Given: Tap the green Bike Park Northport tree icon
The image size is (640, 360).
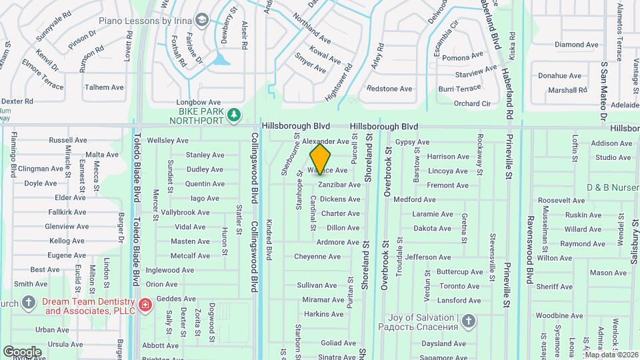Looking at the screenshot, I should coord(233,116).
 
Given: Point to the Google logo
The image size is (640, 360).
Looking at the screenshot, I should coord(22,351).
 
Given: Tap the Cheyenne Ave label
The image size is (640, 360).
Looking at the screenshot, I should coord(317,257).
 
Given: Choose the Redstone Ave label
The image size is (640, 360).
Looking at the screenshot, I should coord(389,89).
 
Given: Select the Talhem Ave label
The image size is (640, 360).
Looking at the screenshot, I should coord(104,87).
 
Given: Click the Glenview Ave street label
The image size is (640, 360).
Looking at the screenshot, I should coord(67,227).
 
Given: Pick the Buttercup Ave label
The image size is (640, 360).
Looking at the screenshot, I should coord(459,272).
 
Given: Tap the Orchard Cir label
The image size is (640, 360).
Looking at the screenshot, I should coord(472,103).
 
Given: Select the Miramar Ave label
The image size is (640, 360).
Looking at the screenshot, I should coord(323,300).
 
